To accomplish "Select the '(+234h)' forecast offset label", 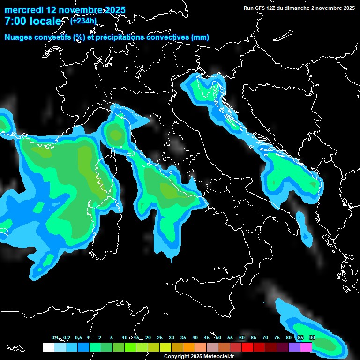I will (x=83, y=21).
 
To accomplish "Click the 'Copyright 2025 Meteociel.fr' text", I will (x=199, y=356).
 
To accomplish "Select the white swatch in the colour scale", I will (x=48, y=347).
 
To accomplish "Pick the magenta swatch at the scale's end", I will (x=306, y=347).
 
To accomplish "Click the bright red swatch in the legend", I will (x=247, y=347).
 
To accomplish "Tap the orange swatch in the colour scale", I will (x=189, y=347).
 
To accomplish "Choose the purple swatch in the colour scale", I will (x=294, y=347).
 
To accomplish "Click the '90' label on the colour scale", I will (x=312, y=338).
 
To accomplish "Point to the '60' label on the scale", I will (x=242, y=338).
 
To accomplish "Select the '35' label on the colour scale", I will (x=183, y=338).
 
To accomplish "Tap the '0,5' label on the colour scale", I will (x=78, y=338).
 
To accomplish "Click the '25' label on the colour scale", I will (x=160, y=338).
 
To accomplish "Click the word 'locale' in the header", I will (x=45, y=21).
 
